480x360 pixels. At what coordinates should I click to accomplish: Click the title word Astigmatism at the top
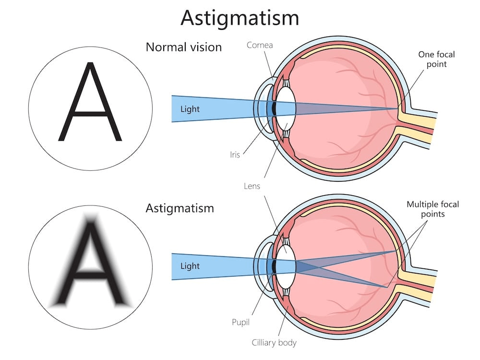coord(240,18)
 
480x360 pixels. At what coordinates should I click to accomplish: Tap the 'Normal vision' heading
coord(184,47)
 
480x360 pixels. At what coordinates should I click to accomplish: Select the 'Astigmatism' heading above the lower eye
coord(180,209)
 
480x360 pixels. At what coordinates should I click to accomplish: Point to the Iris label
coord(235,155)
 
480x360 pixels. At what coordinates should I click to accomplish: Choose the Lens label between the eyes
coord(252,185)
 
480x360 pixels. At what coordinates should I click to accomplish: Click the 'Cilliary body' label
coord(275,342)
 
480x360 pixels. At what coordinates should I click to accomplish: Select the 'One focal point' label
coord(436,59)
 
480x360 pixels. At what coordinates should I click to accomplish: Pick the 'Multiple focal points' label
coord(432,209)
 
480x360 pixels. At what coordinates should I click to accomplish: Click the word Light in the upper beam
coord(190,109)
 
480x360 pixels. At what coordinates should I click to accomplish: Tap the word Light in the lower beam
coord(190,265)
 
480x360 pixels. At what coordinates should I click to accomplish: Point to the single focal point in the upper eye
coord(397,109)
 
